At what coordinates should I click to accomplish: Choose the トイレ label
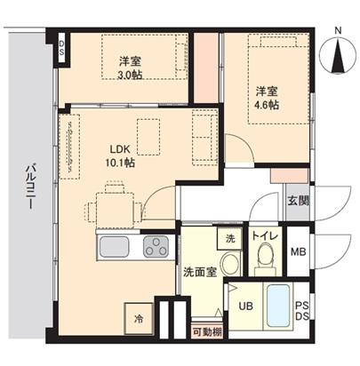(263, 235)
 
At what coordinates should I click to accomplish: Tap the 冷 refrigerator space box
(139, 318)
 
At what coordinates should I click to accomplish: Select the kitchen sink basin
(116, 246)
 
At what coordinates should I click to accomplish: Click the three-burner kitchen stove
(156, 246)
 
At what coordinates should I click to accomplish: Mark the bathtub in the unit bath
(276, 305)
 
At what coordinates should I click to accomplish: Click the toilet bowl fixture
(263, 260)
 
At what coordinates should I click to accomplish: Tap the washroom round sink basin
(229, 263)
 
